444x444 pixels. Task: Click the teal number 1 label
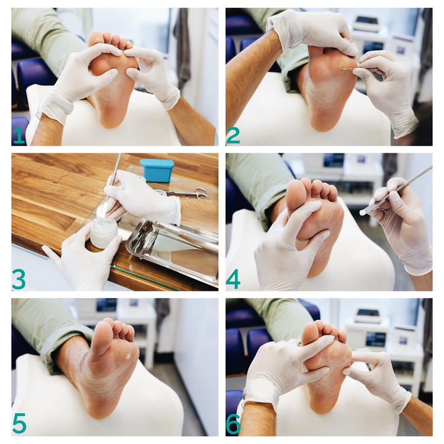coord(20,135)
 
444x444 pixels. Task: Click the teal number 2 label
coord(233,136)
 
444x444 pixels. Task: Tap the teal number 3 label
coord(19,279)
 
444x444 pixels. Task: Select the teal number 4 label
coord(233,279)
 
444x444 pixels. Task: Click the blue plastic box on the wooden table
coord(157,170)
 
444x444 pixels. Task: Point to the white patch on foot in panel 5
coord(128,356)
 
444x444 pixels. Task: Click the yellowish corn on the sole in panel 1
coord(122,62)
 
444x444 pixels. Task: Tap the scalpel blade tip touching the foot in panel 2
coord(340,69)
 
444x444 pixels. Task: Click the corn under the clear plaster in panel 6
coord(336,353)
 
